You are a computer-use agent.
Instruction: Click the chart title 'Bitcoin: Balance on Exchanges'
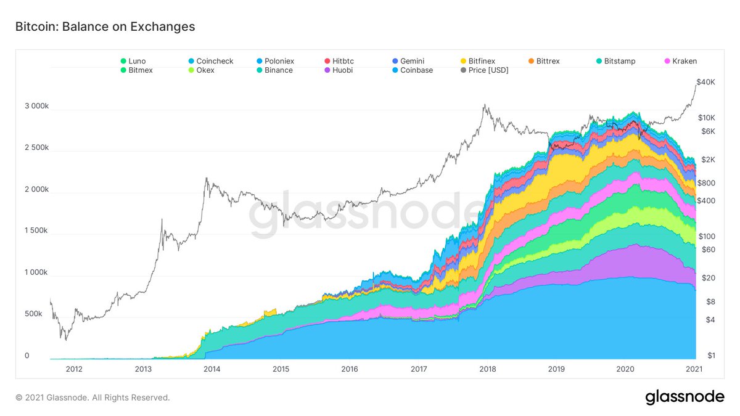[x=105, y=27]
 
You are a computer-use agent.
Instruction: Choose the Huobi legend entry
[x=340, y=70]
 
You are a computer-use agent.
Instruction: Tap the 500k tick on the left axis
[x=34, y=314]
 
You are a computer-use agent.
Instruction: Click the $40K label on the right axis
[x=706, y=82]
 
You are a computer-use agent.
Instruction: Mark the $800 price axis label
[x=706, y=183]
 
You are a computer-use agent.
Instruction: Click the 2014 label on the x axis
[x=212, y=369]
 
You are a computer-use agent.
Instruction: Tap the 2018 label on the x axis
[x=487, y=369]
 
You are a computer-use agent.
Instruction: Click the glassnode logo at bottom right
[x=684, y=398]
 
